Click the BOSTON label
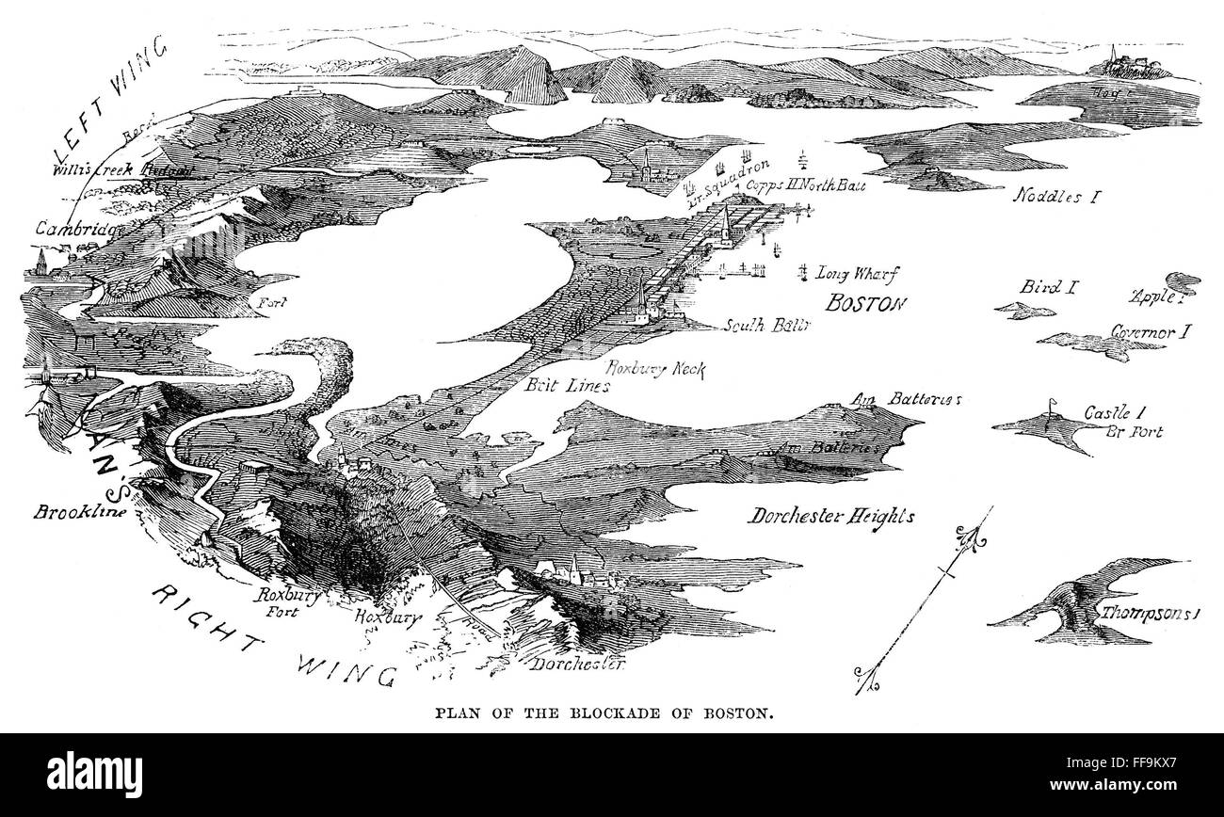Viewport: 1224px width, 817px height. point(864,303)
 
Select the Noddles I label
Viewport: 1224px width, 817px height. point(1057,197)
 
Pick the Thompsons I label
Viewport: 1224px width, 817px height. point(1158,612)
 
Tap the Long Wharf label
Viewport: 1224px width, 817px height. point(858,274)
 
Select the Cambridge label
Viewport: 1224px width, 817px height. point(76,228)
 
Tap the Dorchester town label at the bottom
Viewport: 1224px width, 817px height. point(577,665)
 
